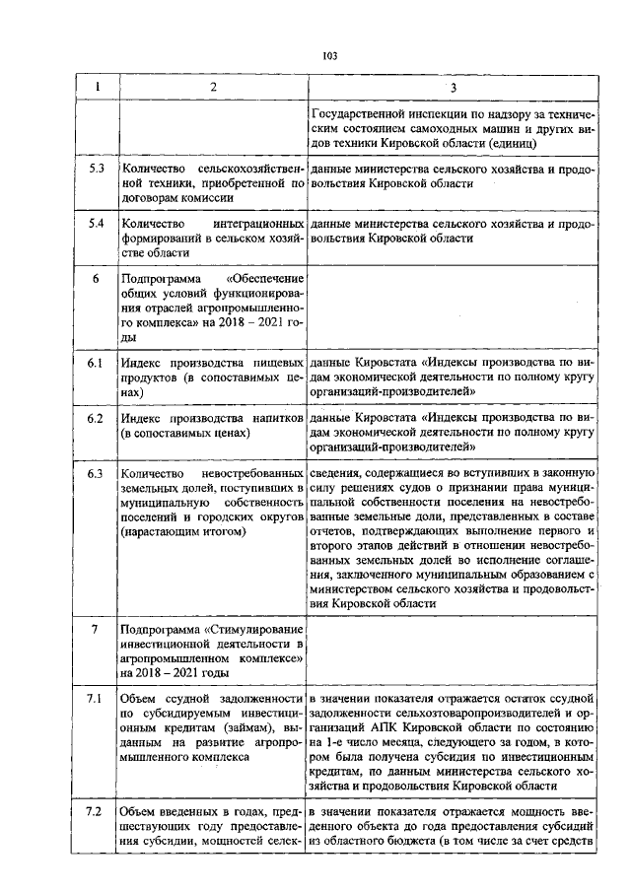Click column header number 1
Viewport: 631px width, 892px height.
(x=97, y=89)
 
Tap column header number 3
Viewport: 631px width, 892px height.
(x=453, y=89)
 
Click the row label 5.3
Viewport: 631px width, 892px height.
(x=97, y=170)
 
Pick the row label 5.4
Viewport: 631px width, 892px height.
(x=97, y=224)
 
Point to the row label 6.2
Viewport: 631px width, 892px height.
(x=97, y=418)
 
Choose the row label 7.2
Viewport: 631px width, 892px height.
(x=97, y=810)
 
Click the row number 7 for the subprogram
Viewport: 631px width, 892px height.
(x=97, y=628)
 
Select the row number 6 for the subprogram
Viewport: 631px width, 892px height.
(x=97, y=278)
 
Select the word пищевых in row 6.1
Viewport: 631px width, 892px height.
(x=276, y=363)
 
